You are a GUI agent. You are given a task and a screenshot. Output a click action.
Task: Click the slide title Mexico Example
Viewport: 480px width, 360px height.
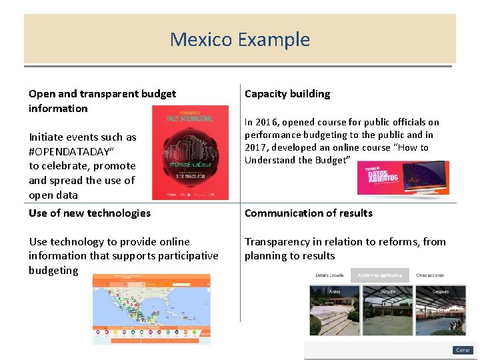pyautogui.click(x=240, y=39)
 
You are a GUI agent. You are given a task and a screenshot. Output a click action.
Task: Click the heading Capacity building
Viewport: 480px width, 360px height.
pyautogui.click(x=287, y=94)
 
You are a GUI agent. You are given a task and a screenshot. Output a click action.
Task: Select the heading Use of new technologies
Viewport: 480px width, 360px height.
pyautogui.click(x=89, y=213)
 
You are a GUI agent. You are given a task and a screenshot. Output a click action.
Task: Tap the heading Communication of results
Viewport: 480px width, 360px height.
pyautogui.click(x=308, y=213)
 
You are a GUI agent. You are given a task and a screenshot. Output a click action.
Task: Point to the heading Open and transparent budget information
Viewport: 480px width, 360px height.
pyautogui.click(x=102, y=101)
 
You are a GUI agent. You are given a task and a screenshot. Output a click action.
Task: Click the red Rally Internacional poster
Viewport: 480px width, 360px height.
pyautogui.click(x=190, y=153)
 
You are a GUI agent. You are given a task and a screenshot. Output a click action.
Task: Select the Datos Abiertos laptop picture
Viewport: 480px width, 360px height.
pyautogui.click(x=403, y=178)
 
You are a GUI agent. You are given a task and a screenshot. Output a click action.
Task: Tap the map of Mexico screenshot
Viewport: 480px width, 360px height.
pyautogui.click(x=151, y=309)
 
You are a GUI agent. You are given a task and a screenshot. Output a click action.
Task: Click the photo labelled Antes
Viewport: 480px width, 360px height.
pyautogui.click(x=335, y=311)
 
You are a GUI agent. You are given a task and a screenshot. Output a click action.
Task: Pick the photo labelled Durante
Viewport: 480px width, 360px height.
pyautogui.click(x=387, y=311)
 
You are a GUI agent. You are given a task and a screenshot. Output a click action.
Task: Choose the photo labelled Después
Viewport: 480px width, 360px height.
pyautogui.click(x=441, y=311)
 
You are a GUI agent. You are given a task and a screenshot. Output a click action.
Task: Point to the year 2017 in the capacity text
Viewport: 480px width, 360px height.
pyautogui.click(x=256, y=147)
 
